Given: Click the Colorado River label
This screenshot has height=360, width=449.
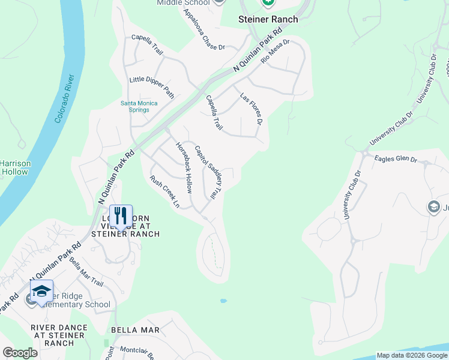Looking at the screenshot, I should click(x=64, y=99).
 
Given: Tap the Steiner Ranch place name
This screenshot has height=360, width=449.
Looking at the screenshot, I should click(x=268, y=19).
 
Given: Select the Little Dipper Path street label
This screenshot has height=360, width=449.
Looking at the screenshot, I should click(x=152, y=87).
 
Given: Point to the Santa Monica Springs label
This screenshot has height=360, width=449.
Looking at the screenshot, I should click(x=139, y=107).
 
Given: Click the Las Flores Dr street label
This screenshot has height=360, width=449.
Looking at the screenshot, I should click(x=252, y=109).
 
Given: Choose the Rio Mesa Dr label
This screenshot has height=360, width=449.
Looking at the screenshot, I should click(x=276, y=52).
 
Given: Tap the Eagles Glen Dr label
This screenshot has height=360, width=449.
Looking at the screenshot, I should click(x=395, y=160).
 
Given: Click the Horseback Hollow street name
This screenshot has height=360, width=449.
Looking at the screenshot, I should click(x=184, y=167).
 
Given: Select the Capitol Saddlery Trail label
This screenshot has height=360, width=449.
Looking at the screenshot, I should click(x=208, y=173).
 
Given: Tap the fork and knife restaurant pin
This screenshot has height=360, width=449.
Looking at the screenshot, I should click(x=121, y=216).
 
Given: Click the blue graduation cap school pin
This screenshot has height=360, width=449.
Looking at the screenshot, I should click(x=41, y=292).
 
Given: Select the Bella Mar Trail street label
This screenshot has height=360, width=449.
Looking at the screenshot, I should click(x=86, y=271).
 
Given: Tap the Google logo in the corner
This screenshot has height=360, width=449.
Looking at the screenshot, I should click(x=20, y=353).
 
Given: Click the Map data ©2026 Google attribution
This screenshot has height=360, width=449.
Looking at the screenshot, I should click(x=411, y=355).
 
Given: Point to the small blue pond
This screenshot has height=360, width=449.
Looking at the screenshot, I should click(x=223, y=300).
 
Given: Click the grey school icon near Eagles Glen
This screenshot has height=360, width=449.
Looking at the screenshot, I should click(x=433, y=208).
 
